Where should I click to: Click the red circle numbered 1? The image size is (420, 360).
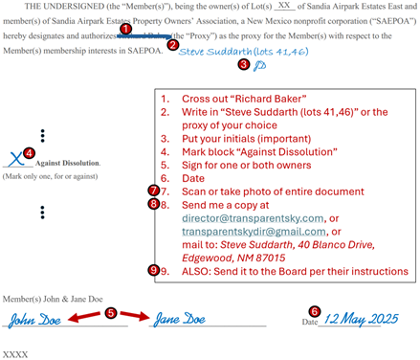tap(125, 29)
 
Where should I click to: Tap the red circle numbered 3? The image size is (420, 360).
tap(243, 64)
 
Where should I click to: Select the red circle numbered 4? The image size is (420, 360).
tap(30, 153)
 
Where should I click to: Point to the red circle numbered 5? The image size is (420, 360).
tap(110, 313)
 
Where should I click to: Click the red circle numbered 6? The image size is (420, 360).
tap(315, 311)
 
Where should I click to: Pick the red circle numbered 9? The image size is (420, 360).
tap(154, 271)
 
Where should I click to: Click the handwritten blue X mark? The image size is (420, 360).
tap(16, 158)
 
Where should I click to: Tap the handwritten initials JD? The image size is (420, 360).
tap(259, 66)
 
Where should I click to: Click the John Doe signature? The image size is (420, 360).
tap(34, 320)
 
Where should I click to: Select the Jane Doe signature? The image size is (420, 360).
tap(180, 319)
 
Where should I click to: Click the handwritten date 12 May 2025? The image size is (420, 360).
tap(361, 319)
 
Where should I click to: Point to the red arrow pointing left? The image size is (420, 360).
tap(84, 317)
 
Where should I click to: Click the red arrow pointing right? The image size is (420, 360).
tap(135, 315)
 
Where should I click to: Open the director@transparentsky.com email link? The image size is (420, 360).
tap(253, 218)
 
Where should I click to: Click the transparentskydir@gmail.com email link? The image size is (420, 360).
tap(254, 232)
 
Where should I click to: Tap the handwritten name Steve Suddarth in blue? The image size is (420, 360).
tap(215, 52)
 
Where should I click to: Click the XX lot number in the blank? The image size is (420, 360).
tap(284, 6)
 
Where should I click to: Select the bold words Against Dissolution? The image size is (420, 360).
tap(67, 163)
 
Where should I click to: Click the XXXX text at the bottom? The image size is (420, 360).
tap(15, 354)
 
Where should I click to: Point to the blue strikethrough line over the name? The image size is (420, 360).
tap(144, 36)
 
